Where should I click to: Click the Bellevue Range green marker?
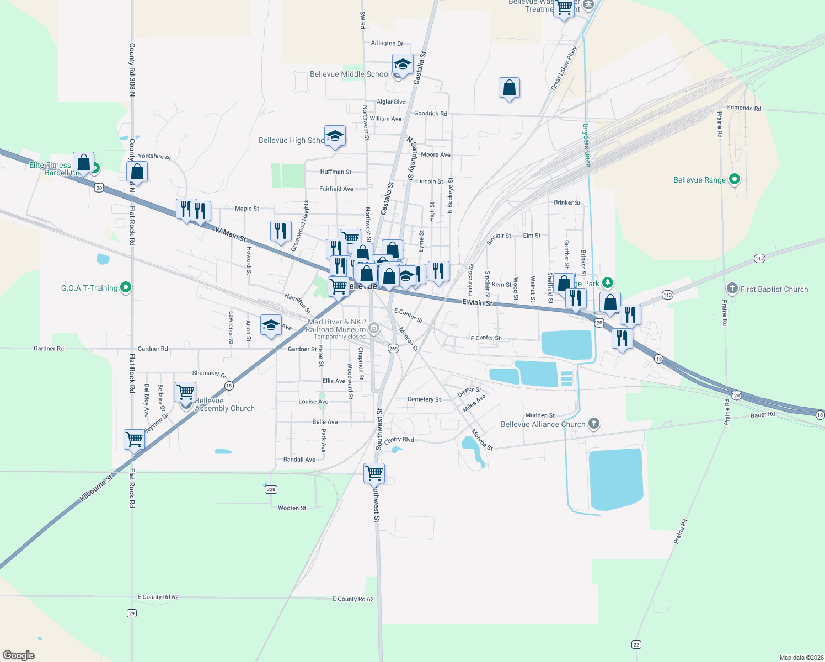click(x=734, y=179)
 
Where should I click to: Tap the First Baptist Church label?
click(x=774, y=289)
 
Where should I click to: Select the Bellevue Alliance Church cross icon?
click(x=593, y=424)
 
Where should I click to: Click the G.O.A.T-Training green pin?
click(x=126, y=287)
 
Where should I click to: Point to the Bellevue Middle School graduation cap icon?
click(x=403, y=64)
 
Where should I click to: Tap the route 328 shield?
click(x=270, y=489)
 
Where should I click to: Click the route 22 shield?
click(x=636, y=644)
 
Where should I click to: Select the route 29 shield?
click(x=131, y=613)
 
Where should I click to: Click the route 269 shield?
click(x=393, y=348)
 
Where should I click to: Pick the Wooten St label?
click(x=292, y=508)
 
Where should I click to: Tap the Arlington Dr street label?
click(x=387, y=43)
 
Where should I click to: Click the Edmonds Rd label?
click(x=743, y=108)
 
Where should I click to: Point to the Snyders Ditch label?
click(x=587, y=145)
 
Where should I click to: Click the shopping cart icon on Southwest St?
click(x=374, y=473)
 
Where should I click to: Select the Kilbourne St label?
click(x=96, y=488)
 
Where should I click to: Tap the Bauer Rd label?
click(x=762, y=414)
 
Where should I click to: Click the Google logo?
click(x=19, y=655)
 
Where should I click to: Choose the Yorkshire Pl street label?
click(x=154, y=157)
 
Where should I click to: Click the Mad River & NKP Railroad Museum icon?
click(x=374, y=328)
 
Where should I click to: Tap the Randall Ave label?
click(x=299, y=460)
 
